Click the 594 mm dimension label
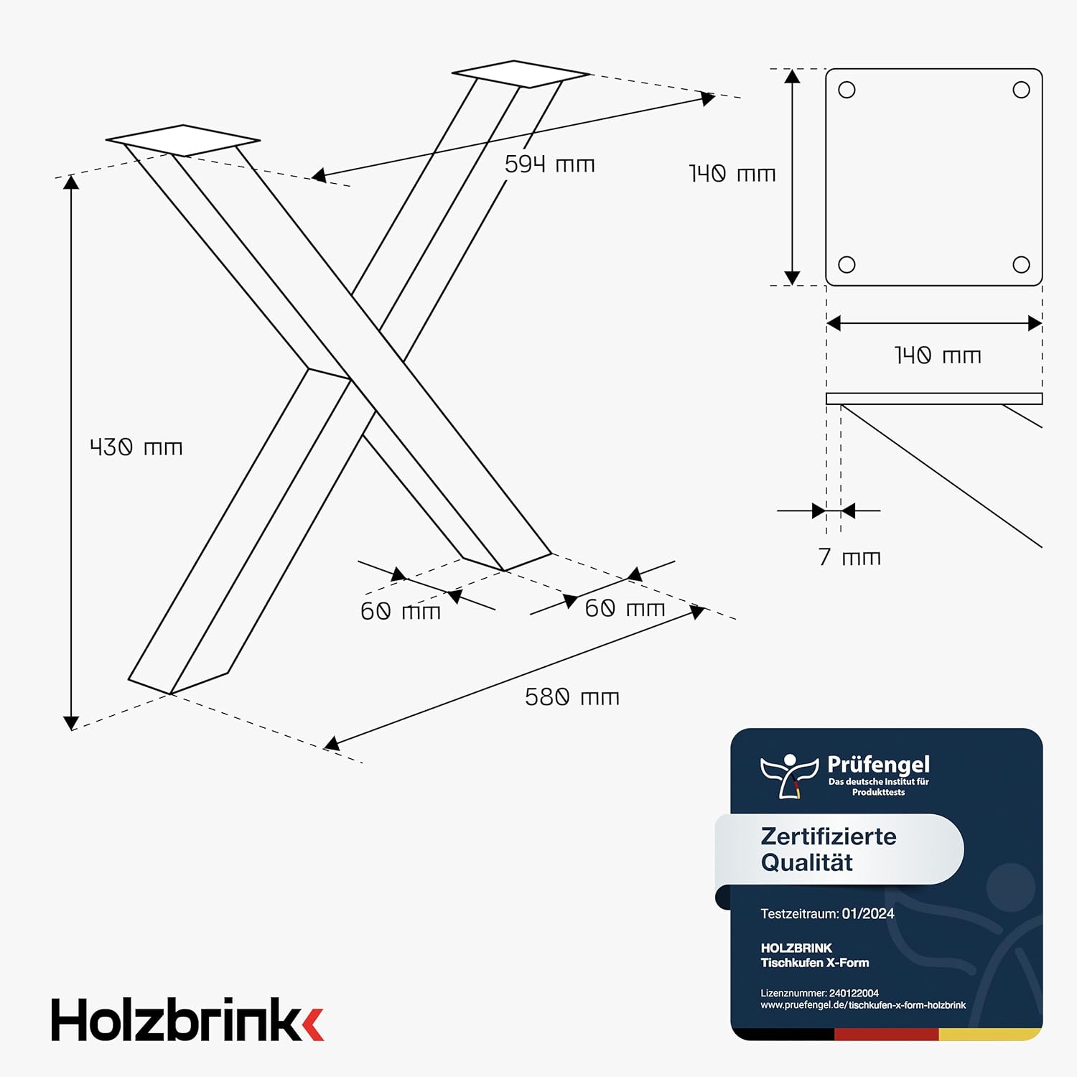(549, 164)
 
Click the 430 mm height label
(136, 447)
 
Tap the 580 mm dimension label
(572, 697)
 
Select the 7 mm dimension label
(849, 557)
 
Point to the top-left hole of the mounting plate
(847, 90)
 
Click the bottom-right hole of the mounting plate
(1021, 264)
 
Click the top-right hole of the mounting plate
(1021, 90)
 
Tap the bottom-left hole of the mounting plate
(847, 264)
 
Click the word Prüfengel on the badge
(878, 765)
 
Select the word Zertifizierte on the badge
(829, 836)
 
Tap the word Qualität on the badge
(807, 862)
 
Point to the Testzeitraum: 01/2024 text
(827, 914)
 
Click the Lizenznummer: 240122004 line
(820, 994)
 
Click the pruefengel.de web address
(863, 1005)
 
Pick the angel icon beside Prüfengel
(789, 775)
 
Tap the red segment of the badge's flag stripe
(887, 1035)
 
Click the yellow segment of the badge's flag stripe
(989, 1035)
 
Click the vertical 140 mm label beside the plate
(732, 174)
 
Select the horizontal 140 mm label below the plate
(937, 355)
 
